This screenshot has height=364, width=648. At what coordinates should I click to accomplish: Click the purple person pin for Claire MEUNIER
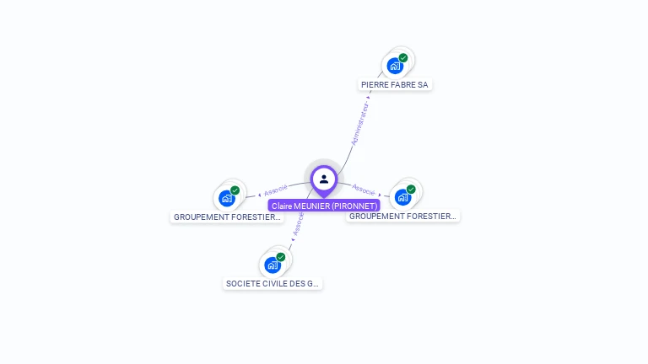324,179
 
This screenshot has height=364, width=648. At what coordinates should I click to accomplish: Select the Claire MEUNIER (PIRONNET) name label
324,206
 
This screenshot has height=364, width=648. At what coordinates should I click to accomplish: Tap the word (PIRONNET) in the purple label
354,206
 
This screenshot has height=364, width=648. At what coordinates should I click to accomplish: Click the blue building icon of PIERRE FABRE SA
394,66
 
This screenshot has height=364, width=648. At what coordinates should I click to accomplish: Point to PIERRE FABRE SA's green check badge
403,58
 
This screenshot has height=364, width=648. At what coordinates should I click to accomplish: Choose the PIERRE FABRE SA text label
396,85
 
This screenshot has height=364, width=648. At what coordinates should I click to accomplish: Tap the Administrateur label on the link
360,124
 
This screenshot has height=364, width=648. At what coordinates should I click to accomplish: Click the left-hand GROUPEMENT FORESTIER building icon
226,198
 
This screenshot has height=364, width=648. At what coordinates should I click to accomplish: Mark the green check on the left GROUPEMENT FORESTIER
235,190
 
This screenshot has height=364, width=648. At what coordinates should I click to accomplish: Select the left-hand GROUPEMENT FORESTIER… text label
227,217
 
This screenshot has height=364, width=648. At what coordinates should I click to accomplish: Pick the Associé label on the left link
276,190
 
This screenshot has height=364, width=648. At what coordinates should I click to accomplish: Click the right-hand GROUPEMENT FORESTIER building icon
402,197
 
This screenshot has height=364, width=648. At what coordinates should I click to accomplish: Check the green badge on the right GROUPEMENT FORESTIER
411,190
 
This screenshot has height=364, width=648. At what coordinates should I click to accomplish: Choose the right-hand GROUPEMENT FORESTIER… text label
403,217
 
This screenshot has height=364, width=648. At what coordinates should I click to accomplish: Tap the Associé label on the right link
364,190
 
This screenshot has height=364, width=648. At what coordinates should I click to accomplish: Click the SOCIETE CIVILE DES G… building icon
272,265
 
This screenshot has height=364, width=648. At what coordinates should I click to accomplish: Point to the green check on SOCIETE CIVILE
281,257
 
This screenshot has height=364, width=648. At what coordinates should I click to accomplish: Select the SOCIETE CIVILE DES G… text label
273,284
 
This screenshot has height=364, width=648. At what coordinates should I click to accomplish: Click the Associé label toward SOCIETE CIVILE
298,224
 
